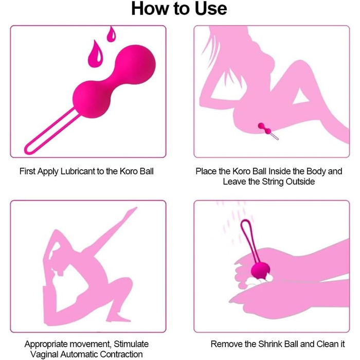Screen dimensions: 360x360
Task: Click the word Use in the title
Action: coord(211,9)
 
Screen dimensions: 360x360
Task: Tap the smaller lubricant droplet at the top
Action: coord(112,34)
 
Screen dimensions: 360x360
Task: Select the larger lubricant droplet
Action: coord(95,54)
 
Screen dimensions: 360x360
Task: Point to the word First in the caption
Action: coord(28,171)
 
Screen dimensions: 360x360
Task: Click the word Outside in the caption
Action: coord(300,182)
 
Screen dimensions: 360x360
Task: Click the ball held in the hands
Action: coord(260,271)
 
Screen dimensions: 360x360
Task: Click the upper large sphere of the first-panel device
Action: coord(135,64)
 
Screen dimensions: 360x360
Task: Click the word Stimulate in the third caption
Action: coord(131,344)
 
